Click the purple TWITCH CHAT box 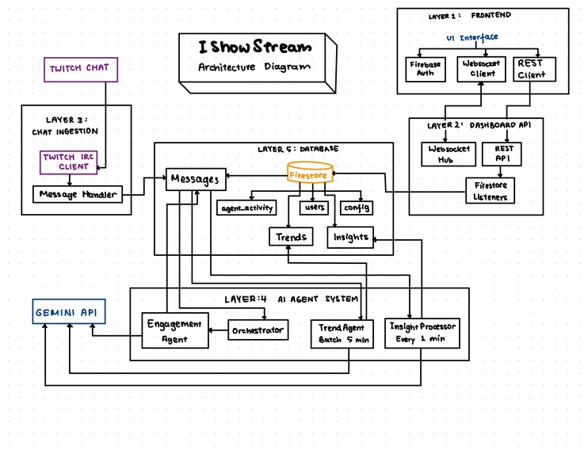point(80,69)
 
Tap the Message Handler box point(78,194)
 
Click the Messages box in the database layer point(195,180)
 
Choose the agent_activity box point(246,208)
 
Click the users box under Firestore point(314,208)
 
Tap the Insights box point(350,236)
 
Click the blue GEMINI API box point(69,312)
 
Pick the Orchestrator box point(257,330)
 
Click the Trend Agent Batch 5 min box point(341,334)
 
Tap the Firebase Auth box point(426,69)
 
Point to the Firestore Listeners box point(491,190)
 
